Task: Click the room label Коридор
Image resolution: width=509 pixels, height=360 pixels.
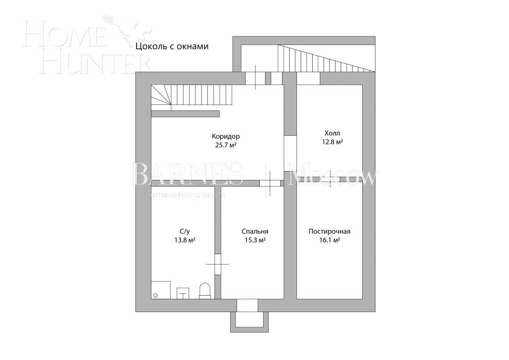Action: [x=226, y=136]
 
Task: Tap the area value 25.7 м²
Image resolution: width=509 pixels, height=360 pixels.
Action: [x=226, y=145]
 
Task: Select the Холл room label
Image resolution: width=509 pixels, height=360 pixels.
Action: [x=332, y=133]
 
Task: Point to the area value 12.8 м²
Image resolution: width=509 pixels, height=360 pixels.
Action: [x=332, y=142]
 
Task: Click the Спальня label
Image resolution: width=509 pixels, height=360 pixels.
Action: [x=255, y=231]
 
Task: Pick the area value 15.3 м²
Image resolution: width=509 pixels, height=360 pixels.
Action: [x=255, y=240]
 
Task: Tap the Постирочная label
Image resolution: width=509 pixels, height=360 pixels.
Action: [x=329, y=231]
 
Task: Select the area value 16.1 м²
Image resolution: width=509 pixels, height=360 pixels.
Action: [x=329, y=240]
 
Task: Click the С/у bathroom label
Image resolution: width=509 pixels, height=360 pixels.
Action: [x=185, y=231]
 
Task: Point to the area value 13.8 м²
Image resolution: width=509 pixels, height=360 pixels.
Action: [x=185, y=240]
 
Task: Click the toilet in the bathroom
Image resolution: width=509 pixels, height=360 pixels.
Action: [x=205, y=291]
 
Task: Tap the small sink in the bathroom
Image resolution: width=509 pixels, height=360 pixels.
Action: [x=183, y=293]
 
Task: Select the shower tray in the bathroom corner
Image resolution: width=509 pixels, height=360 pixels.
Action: [x=161, y=290]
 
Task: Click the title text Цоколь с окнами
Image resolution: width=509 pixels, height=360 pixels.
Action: [x=172, y=46]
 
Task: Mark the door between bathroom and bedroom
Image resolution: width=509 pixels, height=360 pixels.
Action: [x=218, y=264]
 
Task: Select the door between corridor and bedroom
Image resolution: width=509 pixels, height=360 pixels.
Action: [x=270, y=183]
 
